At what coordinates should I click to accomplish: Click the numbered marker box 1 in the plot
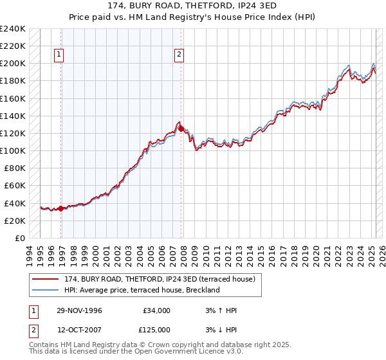[59, 55]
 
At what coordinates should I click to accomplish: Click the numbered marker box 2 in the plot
[178, 55]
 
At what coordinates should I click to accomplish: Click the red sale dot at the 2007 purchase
[181, 129]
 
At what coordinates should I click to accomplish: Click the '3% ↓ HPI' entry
[219, 330]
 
